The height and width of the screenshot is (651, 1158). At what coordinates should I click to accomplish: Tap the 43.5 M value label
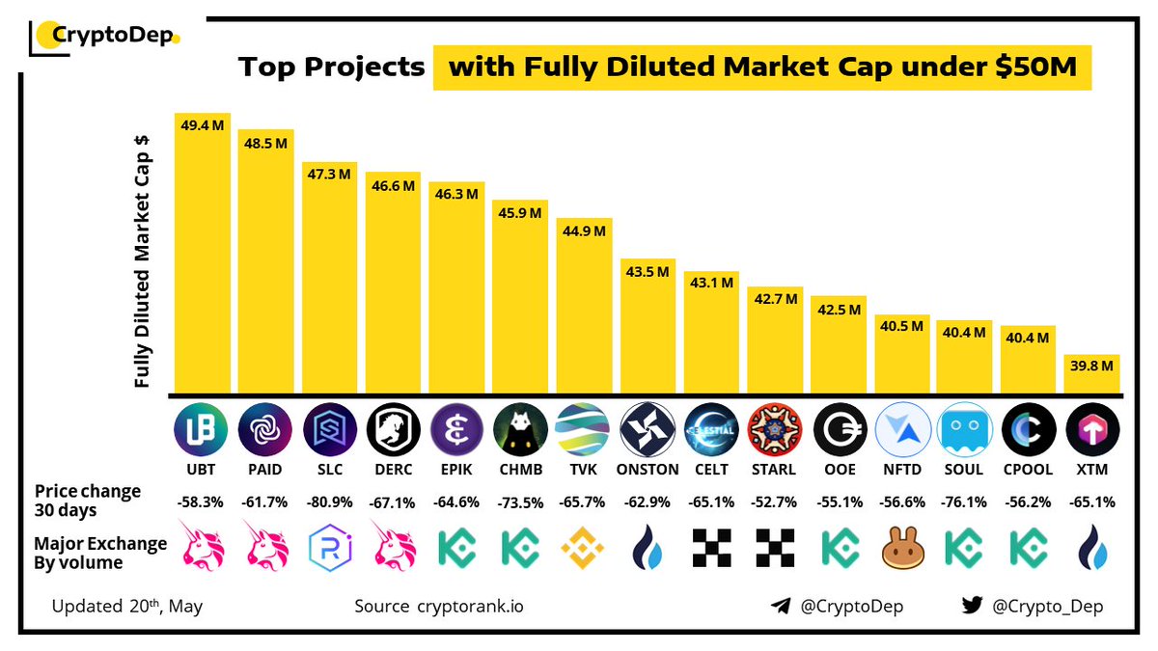pos(648,272)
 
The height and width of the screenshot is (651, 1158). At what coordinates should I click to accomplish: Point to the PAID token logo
pos(265,430)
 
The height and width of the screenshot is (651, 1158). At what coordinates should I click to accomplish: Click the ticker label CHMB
pos(520,471)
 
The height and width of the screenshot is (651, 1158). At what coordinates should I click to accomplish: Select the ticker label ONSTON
pos(647,471)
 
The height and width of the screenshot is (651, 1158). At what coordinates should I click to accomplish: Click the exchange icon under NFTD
pos(901,547)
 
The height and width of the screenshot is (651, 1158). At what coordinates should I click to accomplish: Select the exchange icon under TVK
pos(583,547)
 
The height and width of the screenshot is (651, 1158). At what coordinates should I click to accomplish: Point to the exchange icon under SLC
pos(329,547)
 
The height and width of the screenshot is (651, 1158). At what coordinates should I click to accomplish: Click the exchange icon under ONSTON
pos(647,547)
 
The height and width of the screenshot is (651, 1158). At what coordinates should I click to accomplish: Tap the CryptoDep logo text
pos(113,37)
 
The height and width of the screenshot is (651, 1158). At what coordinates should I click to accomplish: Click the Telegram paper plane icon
pos(782,606)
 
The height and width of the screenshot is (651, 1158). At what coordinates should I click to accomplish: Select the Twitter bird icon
pos(972,606)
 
